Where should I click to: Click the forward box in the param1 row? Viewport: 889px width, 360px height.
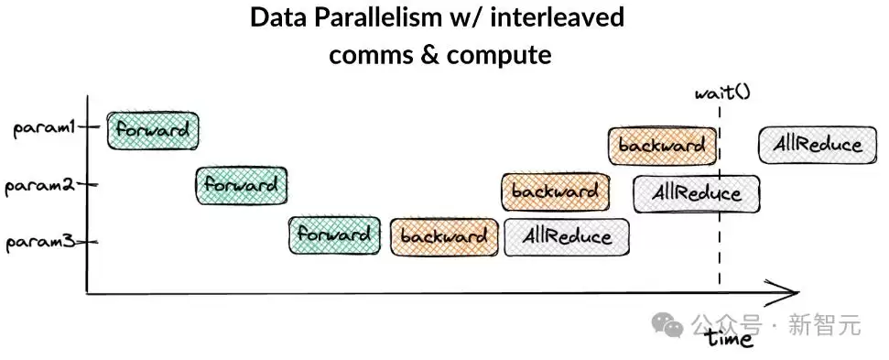pyautogui.click(x=153, y=130)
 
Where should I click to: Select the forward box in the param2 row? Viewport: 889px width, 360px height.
pyautogui.click(x=242, y=185)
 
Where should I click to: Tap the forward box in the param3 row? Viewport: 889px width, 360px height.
pyautogui.click(x=334, y=235)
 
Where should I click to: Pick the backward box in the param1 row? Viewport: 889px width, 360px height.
pyautogui.click(x=662, y=146)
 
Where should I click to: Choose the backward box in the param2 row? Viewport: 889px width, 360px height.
pyautogui.click(x=556, y=191)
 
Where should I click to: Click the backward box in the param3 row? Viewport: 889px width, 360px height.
pyautogui.click(x=445, y=236)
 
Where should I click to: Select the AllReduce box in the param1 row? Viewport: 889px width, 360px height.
pyautogui.click(x=818, y=145)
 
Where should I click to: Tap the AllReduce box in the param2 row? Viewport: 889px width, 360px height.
pyautogui.click(x=697, y=194)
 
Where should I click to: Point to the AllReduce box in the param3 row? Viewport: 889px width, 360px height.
pyautogui.click(x=567, y=236)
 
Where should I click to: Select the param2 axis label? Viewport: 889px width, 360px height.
pyautogui.click(x=39, y=187)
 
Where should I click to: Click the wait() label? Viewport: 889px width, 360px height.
pyautogui.click(x=723, y=92)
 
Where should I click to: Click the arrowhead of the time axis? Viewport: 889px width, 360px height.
pyautogui.click(x=797, y=293)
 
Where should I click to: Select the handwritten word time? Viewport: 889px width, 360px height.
pyautogui.click(x=730, y=338)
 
